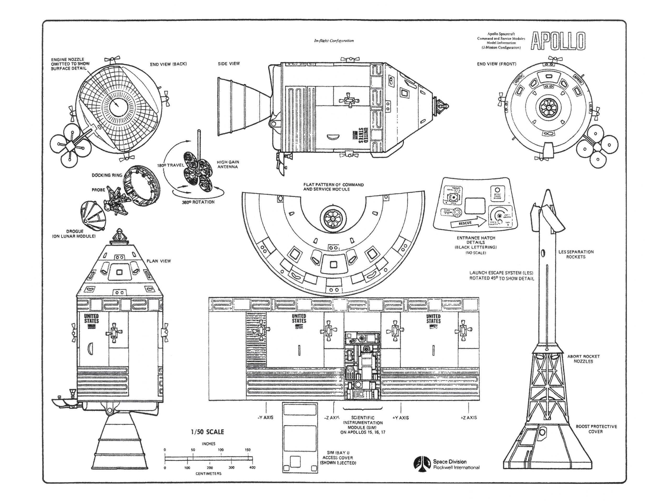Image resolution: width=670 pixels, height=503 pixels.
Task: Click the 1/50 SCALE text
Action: [208, 431]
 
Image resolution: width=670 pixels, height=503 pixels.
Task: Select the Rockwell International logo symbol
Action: [422, 464]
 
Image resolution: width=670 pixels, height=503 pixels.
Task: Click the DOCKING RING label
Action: [107, 175]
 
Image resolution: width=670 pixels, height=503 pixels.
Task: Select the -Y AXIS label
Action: [265, 418]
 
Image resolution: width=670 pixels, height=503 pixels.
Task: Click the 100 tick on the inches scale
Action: [221, 450]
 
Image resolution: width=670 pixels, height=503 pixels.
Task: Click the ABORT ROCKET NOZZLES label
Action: [583, 359]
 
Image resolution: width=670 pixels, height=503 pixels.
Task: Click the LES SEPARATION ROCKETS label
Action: [576, 254]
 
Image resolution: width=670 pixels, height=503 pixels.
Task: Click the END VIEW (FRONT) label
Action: [496, 64]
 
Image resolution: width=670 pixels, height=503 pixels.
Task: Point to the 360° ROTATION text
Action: [198, 202]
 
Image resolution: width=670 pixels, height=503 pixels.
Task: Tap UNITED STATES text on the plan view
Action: [92, 318]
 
